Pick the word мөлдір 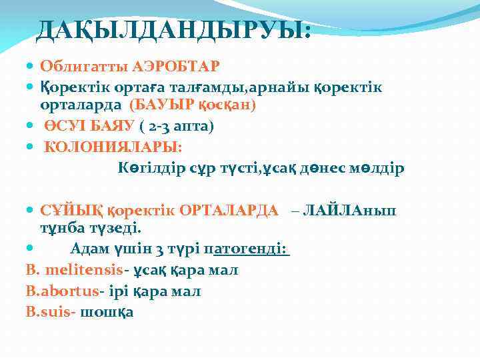(x=378, y=167)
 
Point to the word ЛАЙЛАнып (x=349, y=211)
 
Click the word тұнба (x=59, y=229)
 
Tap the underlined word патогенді (x=246, y=249)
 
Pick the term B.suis (x=47, y=311)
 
